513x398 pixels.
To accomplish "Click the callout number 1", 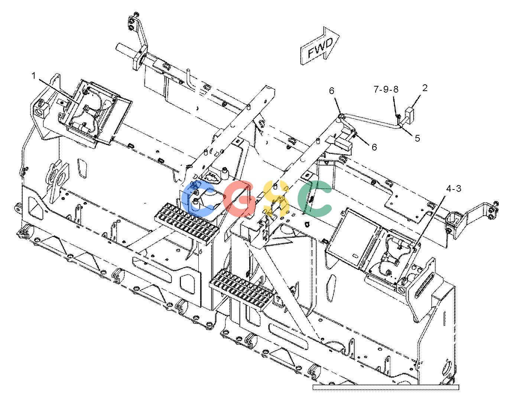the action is [x=34, y=76].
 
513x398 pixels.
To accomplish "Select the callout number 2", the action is [x=425, y=88].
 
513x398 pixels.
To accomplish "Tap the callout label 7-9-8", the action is [x=386, y=89].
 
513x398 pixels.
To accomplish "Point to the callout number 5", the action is [x=418, y=138].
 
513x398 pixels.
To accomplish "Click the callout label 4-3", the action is [x=454, y=189].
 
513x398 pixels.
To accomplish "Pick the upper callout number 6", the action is [x=331, y=91].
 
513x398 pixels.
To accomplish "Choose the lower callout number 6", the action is [x=374, y=147].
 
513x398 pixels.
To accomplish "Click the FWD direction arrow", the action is [x=320, y=46].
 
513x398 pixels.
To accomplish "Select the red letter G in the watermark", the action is [x=239, y=198].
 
